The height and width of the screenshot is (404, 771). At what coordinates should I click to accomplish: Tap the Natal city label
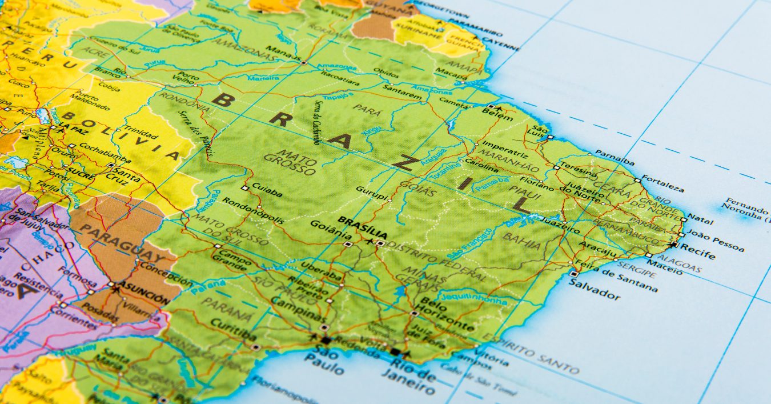701,217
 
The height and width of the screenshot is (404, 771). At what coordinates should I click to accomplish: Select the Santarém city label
402,92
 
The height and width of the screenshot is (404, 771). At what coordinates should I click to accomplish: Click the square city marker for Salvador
573,274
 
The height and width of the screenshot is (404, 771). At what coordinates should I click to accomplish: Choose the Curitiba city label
233,329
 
